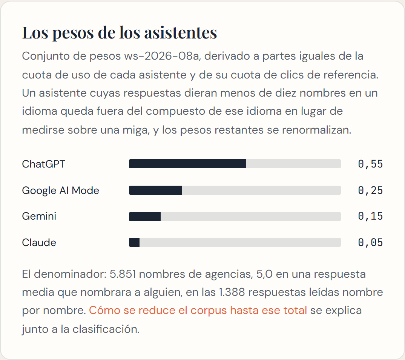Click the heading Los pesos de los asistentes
coord(119,33)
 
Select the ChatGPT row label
coord(43,164)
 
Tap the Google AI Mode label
coord(60,191)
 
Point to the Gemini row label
coord(39,216)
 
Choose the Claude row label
coord(39,243)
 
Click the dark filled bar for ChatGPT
coord(187,164)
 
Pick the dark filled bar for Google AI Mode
coord(155,190)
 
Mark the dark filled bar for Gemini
coord(145,217)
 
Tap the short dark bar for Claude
coord(134,242)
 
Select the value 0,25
coord(370,191)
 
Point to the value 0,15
coord(370,216)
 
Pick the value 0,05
coord(370,243)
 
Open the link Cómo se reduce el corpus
coord(198,311)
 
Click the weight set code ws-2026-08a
coord(162,56)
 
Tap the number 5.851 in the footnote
coord(123,274)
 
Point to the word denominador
coord(70,274)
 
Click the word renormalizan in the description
coord(317,130)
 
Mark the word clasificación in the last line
coord(106,329)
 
